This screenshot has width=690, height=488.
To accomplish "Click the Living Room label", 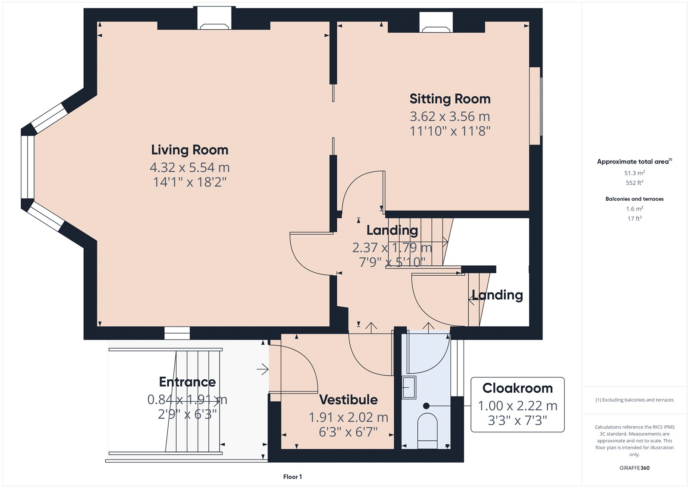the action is (x=190, y=150).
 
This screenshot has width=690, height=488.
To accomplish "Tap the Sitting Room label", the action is (x=450, y=99).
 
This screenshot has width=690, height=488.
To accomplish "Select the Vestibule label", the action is (x=348, y=400).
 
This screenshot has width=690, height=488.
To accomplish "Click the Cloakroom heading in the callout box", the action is (x=517, y=388).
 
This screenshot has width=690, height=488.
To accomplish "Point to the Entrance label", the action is (x=187, y=382).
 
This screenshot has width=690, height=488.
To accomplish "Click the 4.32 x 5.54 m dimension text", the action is (x=190, y=167).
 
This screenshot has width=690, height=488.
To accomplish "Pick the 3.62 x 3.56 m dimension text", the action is (x=450, y=116).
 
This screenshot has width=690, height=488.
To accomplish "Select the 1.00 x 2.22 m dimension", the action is (x=517, y=406).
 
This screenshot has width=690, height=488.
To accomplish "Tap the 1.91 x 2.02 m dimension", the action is (x=348, y=417).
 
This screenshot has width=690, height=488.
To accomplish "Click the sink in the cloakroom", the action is (x=409, y=387).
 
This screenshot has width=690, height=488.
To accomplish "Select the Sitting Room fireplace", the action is (x=436, y=22).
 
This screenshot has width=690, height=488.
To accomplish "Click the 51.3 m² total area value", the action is (x=634, y=173).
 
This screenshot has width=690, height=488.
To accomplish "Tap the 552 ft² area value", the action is (x=634, y=183).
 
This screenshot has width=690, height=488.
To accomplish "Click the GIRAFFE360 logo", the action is (x=634, y=468).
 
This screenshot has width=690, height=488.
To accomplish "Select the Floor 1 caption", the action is (x=292, y=477).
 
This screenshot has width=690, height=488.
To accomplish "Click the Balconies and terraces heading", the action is (x=634, y=199).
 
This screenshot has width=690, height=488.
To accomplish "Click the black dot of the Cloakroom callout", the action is (x=427, y=406).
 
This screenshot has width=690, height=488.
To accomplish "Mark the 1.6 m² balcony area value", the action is (x=634, y=209).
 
